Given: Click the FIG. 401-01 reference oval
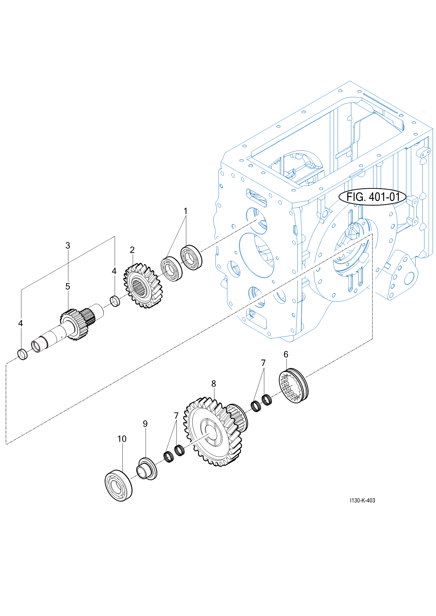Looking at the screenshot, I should click(372, 197).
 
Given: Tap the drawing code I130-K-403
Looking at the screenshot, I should click(362, 500).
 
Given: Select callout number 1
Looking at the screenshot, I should click(185, 211).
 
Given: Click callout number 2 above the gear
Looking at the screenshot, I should click(132, 250).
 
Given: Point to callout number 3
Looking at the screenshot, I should click(68, 245).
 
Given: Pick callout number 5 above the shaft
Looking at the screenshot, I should click(68, 286).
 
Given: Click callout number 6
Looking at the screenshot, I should click(286, 354).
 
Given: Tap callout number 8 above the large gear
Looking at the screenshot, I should click(214, 384).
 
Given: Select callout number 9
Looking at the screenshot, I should click(145, 424).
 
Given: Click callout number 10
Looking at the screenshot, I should click(122, 439).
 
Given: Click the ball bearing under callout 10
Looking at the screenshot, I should click(118, 485).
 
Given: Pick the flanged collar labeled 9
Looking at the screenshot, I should click(147, 469).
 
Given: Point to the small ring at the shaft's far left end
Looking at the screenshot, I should click(23, 355).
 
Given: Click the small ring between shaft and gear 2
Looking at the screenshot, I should click(115, 301).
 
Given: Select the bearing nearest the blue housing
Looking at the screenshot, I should click(192, 258).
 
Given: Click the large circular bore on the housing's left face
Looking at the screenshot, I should click(257, 255).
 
